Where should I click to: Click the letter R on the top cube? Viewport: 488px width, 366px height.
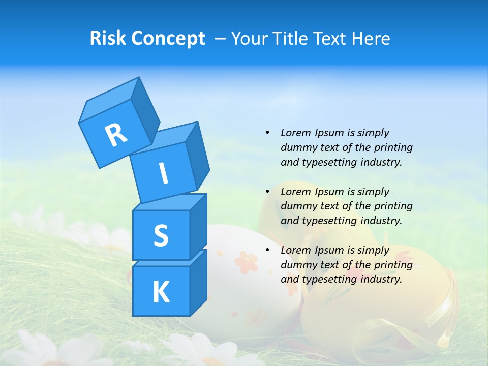pos(116,134)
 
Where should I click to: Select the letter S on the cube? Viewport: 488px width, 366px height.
pos(161,235)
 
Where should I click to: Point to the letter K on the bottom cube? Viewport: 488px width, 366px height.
pos(161,292)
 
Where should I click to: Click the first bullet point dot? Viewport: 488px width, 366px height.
pos(267,133)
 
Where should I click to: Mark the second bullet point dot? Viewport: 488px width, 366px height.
pos(267,192)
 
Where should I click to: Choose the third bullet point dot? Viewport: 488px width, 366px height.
pos(267,250)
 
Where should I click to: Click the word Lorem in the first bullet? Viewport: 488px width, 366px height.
pos(295,133)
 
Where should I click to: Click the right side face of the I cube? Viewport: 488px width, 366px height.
pos(197,156)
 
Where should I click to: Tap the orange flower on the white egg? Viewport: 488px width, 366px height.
pos(246,261)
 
